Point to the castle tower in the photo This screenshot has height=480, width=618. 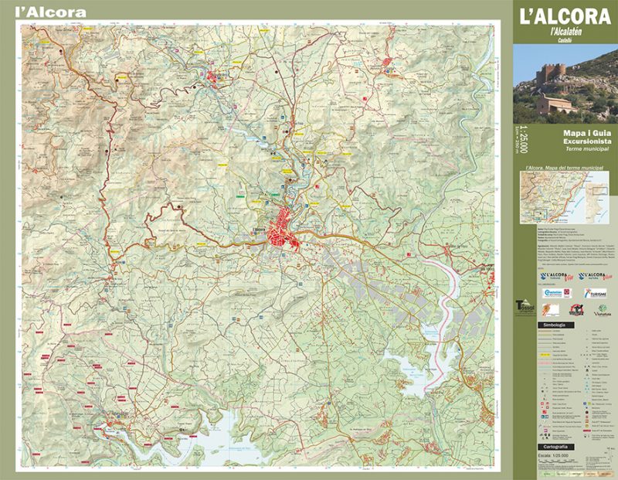pyautogui.click(x=555, y=73)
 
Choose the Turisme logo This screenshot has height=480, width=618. pyautogui.click(x=595, y=294)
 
